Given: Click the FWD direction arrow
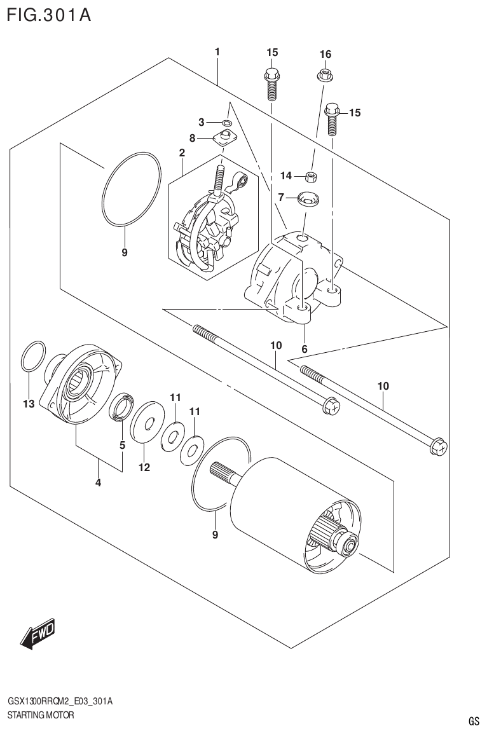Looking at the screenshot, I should (x=38, y=633).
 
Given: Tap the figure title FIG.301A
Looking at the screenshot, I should (x=49, y=15).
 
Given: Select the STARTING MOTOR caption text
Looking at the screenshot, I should (x=41, y=715).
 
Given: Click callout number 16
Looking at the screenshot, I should (x=325, y=55).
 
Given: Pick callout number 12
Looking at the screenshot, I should (x=144, y=468).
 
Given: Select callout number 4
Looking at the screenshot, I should (x=98, y=483).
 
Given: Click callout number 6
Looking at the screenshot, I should (x=305, y=348).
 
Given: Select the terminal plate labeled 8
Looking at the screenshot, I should (x=224, y=137).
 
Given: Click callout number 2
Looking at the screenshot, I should (x=182, y=153).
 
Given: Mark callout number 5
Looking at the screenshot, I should (x=123, y=445).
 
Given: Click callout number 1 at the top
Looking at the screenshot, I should (x=217, y=51).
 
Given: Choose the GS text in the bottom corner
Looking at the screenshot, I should (x=474, y=721).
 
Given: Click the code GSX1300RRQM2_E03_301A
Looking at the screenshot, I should (x=60, y=701).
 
